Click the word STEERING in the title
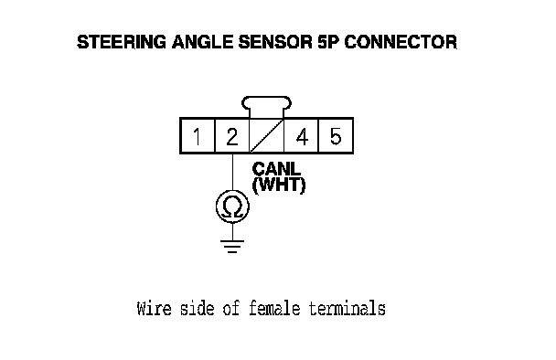tap(122, 42)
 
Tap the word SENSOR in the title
tap(275, 42)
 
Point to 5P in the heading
tap(328, 42)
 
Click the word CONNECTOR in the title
tap(401, 42)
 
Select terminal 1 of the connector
tap(198, 136)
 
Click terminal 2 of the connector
tap(232, 136)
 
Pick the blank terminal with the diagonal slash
tap(267, 136)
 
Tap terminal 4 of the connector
tap(302, 136)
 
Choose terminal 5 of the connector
tap(336, 136)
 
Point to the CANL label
tap(276, 169)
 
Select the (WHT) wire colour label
tap(279, 185)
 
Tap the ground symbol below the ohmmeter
tap(232, 247)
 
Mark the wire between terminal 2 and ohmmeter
tap(232, 172)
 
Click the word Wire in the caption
tap(154, 308)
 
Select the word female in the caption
tap(274, 308)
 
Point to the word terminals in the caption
tap(347, 308)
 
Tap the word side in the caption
tap(197, 308)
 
